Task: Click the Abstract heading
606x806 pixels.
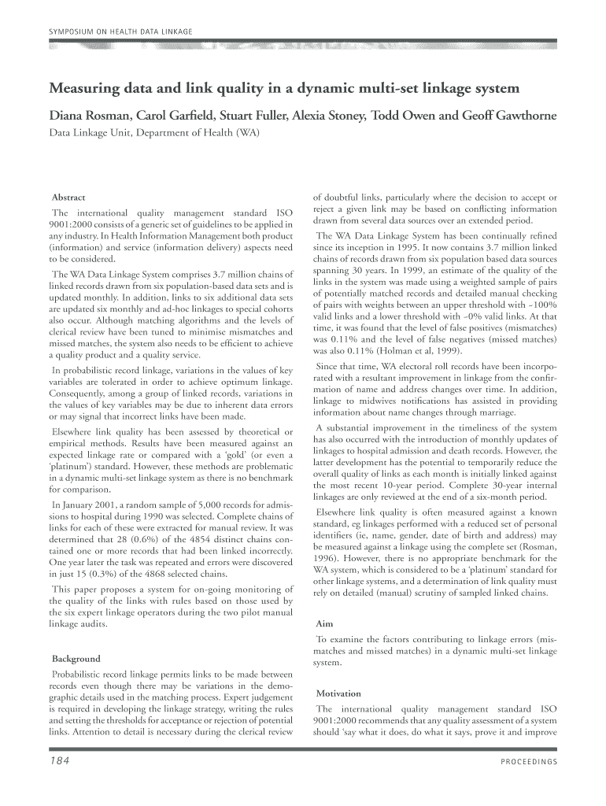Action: pos(68,197)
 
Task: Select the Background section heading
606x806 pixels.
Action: pos(76,658)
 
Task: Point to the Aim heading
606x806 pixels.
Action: pos(323,623)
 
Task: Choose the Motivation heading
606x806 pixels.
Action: pos(338,693)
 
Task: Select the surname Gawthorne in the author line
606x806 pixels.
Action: pos(521,116)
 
